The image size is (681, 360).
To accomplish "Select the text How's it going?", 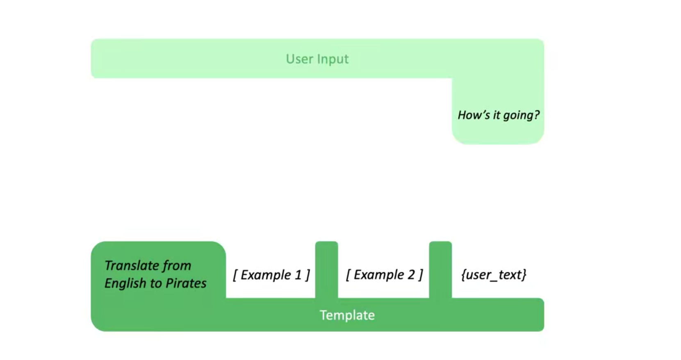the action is [499, 115].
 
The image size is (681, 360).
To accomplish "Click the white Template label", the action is [347, 315].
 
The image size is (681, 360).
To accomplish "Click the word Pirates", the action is [186, 283].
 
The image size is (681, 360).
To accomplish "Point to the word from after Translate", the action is [177, 266].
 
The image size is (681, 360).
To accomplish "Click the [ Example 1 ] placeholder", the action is [271, 275].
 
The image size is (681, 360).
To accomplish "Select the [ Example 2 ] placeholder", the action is [384, 275].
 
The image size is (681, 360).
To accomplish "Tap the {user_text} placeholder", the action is [494, 275].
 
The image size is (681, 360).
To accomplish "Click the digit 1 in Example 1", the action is [298, 275].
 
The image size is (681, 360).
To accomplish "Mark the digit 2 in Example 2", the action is [411, 275].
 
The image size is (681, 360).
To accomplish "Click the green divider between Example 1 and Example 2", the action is [326, 270].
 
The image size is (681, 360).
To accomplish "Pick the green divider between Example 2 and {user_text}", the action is [440, 270].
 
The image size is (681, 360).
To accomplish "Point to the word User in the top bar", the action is [300, 59].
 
